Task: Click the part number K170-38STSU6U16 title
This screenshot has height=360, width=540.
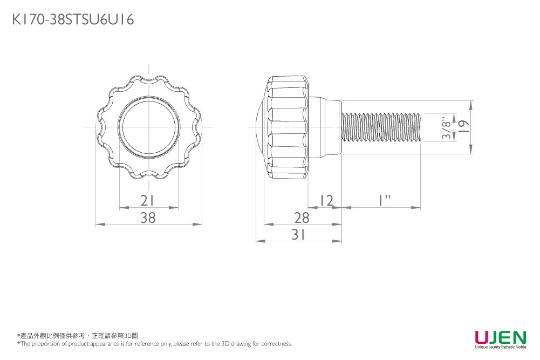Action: tap(73, 20)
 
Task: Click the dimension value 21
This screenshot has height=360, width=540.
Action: tap(148, 201)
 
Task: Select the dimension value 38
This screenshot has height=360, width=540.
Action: tap(148, 218)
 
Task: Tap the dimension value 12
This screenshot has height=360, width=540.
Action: tap(325, 201)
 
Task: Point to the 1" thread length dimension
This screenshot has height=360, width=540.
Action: tap(384, 201)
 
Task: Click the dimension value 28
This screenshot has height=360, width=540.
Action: tap(302, 218)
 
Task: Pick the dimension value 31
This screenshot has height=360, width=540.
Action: tap(299, 234)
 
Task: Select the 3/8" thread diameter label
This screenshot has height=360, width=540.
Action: tap(446, 128)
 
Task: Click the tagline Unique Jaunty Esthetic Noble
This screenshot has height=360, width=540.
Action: tap(500, 348)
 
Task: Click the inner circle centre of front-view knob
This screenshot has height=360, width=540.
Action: tap(149, 127)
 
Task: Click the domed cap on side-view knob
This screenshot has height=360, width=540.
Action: tap(259, 128)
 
